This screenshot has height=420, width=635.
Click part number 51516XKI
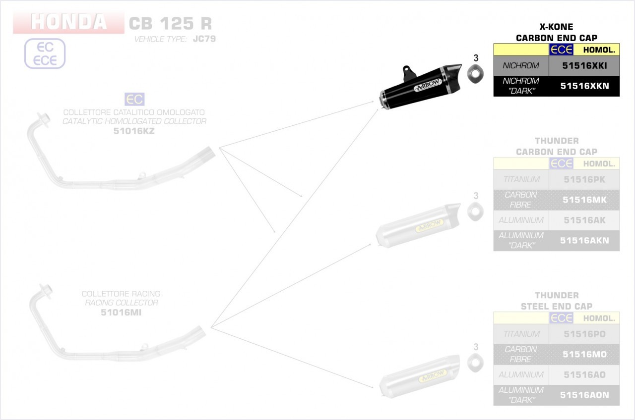[x=584, y=65]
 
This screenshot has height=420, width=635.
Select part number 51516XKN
[x=584, y=86]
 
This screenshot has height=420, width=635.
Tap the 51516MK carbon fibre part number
[x=584, y=200]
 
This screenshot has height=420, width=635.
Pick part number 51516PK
[x=584, y=179]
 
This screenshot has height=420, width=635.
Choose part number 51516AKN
[x=584, y=240]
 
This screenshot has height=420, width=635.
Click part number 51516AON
[x=584, y=395]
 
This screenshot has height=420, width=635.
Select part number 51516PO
[x=584, y=334]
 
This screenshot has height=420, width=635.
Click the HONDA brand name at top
[x=68, y=22]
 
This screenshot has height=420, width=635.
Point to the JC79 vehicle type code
[x=204, y=39]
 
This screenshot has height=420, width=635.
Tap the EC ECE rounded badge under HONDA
[x=45, y=53]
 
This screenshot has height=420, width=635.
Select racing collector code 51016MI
[x=121, y=312]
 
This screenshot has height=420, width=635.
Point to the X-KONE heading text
[x=556, y=27]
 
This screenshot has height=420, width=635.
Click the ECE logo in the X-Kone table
[x=561, y=50]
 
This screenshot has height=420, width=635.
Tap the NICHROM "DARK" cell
[x=521, y=86]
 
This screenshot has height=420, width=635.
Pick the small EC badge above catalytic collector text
[x=134, y=99]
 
